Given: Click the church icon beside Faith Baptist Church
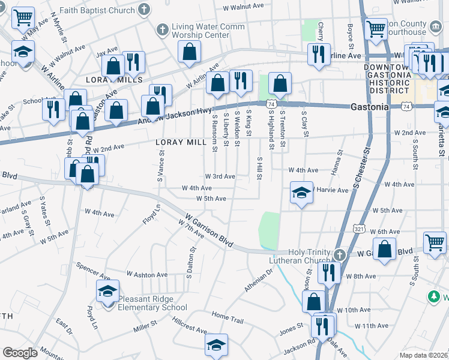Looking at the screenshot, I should pos(143,9).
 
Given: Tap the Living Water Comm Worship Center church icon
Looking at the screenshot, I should pos(162,29).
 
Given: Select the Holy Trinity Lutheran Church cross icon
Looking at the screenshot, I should pos(340,254).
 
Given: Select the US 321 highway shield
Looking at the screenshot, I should pos(359,229).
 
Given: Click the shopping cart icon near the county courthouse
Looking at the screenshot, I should pos(376,28).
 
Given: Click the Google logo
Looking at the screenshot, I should pos(20,353).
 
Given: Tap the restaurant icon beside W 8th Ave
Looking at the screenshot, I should pos(328,272).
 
